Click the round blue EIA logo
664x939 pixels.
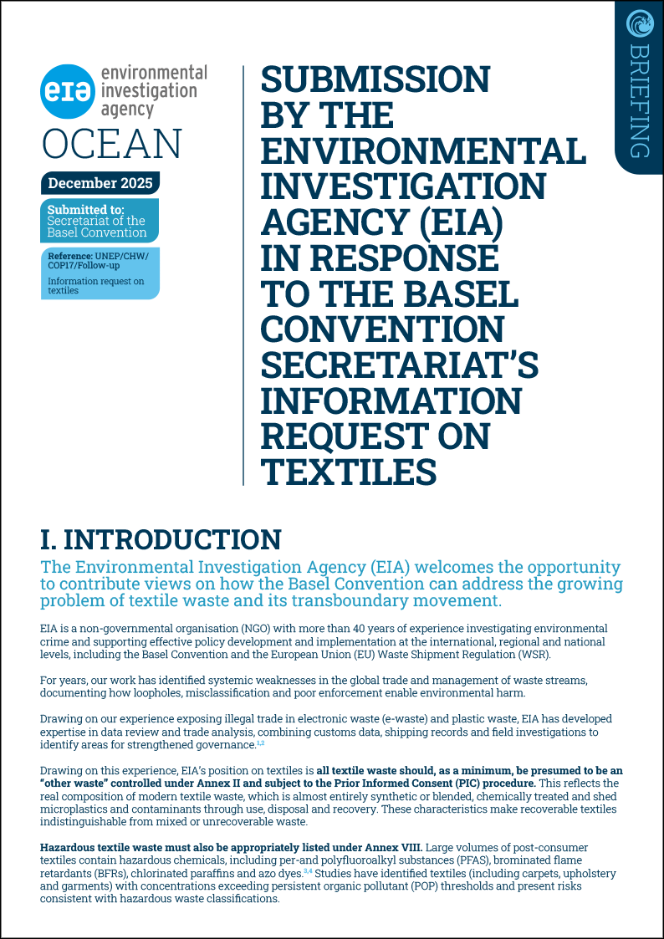(x=67, y=92)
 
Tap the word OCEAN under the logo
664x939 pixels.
(x=111, y=144)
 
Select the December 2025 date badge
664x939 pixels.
(x=99, y=183)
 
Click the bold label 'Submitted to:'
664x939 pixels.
(x=86, y=209)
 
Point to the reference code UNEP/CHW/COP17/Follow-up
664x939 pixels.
(x=92, y=259)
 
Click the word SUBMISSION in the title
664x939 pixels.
(x=375, y=80)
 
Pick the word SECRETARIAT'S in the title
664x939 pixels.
(x=400, y=364)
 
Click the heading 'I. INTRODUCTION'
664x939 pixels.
(x=161, y=539)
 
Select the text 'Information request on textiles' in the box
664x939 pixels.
(x=94, y=286)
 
